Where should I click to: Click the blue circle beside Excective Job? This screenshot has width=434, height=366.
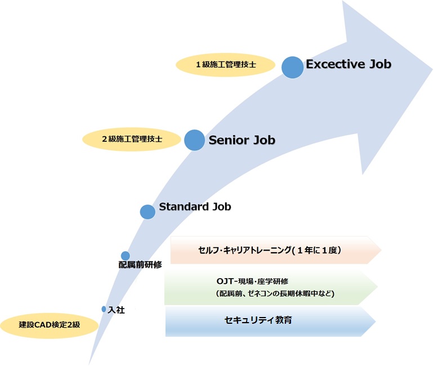click(x=293, y=67)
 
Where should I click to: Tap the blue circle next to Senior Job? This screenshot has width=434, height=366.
click(x=195, y=140)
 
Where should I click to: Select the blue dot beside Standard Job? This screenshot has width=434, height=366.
click(x=147, y=212)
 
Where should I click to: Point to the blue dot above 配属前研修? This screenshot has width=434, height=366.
click(x=126, y=256)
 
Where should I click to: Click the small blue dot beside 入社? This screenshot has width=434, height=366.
click(x=104, y=309)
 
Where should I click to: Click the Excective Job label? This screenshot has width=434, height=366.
click(x=348, y=64)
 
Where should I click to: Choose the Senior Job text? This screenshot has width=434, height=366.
click(x=242, y=140)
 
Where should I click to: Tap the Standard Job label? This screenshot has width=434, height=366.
click(x=195, y=207)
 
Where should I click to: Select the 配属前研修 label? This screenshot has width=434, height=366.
click(x=140, y=265)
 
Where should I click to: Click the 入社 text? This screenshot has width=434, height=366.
click(x=117, y=310)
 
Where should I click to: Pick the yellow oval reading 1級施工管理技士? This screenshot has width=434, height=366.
click(x=226, y=65)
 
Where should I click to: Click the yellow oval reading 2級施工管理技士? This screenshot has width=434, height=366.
click(x=132, y=139)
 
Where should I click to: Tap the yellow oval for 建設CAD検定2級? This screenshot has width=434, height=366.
click(x=50, y=325)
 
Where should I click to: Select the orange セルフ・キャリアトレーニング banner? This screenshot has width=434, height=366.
click(x=276, y=250)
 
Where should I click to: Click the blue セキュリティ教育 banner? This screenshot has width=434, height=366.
click(x=270, y=321)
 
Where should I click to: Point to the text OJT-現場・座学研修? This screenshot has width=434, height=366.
click(x=252, y=282)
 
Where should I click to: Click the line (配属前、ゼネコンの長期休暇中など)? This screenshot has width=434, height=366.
click(x=275, y=293)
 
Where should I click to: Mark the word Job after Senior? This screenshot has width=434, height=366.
click(x=265, y=140)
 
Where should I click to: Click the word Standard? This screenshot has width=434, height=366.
click(x=184, y=207)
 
